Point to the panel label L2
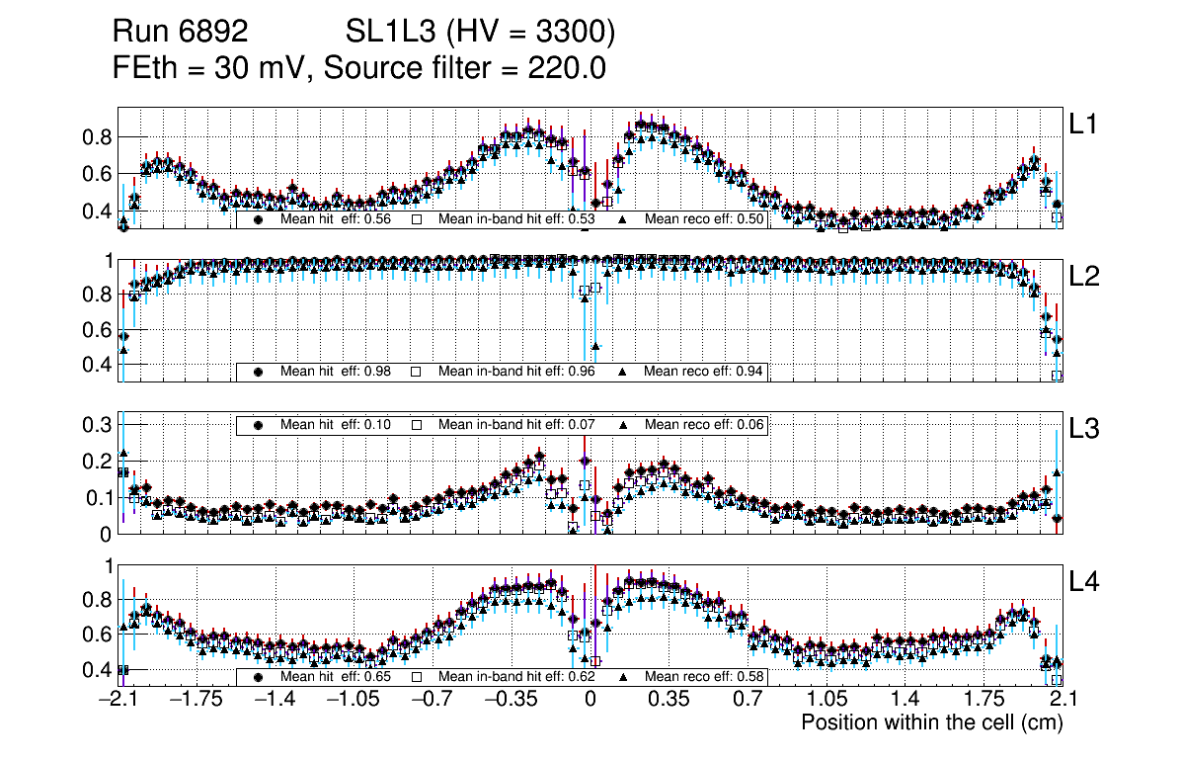pos(1084,277)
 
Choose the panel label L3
pos(1084,429)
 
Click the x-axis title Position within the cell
pos(931,722)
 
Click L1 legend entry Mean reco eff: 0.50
pos(703,219)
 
